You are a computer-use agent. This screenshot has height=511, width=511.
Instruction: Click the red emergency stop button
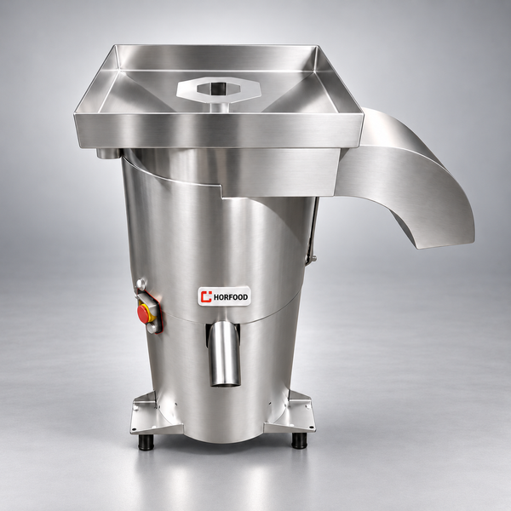143,313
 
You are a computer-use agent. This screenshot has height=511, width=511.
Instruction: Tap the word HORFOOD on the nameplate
231,297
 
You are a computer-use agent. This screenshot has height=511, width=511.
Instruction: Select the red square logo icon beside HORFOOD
206,296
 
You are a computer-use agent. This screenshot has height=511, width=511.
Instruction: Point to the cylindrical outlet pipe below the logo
225,353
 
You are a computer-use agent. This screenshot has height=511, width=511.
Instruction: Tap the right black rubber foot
299,441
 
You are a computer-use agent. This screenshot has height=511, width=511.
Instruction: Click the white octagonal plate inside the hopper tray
219,89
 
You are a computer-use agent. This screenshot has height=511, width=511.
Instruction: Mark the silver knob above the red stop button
141,284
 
